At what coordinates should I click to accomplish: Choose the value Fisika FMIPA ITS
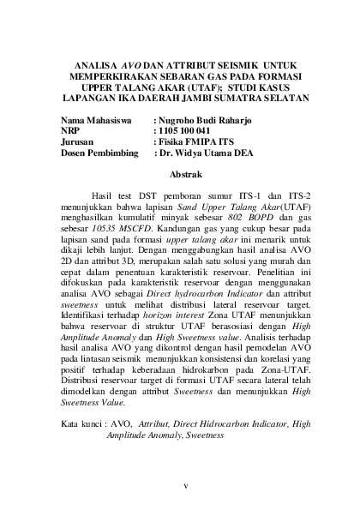[194, 143]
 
